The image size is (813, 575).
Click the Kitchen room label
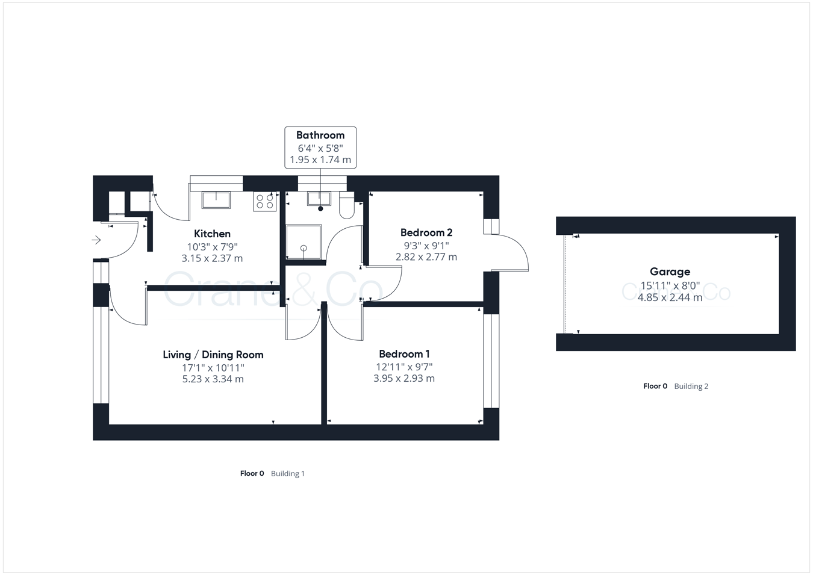click(212, 234)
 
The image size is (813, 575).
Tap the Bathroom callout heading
click(320, 135)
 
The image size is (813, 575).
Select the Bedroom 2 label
click(426, 232)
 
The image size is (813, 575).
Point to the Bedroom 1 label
click(404, 354)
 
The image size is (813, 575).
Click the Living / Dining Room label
click(213, 355)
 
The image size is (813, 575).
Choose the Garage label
click(670, 272)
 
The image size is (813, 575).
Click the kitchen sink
click(216, 200)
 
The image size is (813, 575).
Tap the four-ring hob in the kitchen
click(265, 200)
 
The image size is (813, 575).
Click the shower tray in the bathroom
click(304, 242)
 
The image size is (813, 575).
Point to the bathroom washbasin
click(319, 199)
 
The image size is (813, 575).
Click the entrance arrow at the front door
click(96, 240)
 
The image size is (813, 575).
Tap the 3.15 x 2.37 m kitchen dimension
click(212, 258)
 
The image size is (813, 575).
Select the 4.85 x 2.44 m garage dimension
click(670, 297)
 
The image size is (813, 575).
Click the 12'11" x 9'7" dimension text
click(404, 367)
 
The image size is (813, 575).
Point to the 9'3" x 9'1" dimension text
click(426, 245)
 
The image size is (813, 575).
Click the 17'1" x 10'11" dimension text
click(213, 367)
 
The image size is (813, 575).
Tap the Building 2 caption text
click(691, 387)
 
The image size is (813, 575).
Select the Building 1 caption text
click(287, 474)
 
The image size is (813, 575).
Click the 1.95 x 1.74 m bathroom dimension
click(320, 160)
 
